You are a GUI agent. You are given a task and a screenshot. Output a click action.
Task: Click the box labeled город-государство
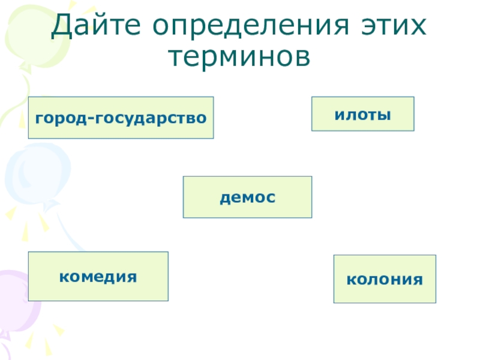coord(121,118)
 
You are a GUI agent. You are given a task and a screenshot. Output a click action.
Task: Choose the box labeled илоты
coord(362,113)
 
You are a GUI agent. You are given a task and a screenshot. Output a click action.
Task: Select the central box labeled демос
coord(247,197)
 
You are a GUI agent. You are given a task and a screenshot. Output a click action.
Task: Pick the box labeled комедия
coord(98,276)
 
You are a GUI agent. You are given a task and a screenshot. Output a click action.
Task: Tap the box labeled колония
coord(385,279)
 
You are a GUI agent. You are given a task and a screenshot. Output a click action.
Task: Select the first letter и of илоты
coord(338,113)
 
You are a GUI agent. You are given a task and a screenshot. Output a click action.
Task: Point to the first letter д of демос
coord(224,197)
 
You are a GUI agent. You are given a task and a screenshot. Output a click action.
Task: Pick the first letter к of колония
coord(350,279)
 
